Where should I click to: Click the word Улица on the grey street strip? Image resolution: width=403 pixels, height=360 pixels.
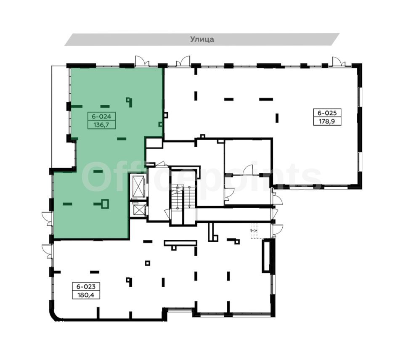[202, 39]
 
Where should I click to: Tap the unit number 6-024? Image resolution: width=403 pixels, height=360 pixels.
[101, 116]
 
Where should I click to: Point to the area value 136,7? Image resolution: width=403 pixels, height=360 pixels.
[101, 125]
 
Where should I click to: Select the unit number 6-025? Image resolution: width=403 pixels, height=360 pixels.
[327, 113]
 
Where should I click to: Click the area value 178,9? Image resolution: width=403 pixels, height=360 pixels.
[327, 121]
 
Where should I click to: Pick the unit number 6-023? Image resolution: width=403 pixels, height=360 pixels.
[86, 286]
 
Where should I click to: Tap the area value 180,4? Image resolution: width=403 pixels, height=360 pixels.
[86, 295]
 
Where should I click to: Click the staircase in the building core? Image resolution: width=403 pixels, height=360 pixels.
[183, 197]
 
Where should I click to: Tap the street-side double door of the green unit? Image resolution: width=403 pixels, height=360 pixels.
[142, 61]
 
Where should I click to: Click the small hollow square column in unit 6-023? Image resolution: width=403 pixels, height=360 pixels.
[148, 263]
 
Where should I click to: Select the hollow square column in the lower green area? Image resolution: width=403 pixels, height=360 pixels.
[105, 204]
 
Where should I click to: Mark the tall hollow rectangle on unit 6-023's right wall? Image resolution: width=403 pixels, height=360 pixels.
[266, 255]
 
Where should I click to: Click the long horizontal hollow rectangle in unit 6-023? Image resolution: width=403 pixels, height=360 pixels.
[180, 243]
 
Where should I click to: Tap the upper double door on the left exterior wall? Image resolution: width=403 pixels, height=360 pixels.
[48, 219]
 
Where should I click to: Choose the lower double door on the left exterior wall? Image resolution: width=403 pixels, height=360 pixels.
[48, 252]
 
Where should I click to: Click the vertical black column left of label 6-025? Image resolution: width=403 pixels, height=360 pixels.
[277, 118]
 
